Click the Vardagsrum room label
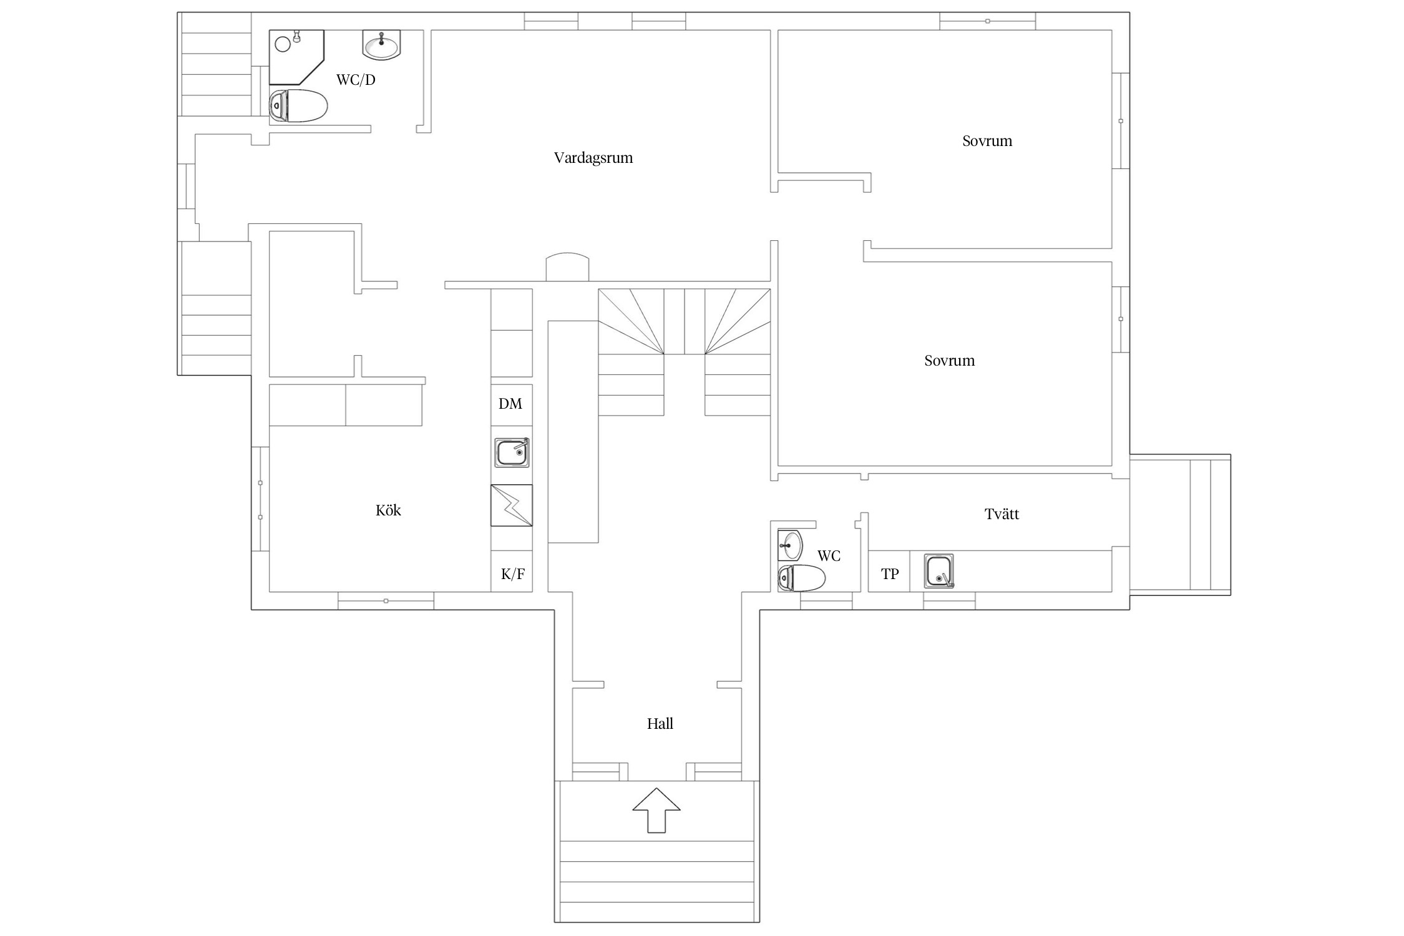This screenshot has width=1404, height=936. [x=593, y=158]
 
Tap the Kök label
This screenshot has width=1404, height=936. [x=388, y=510]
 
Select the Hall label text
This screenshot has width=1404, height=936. [x=660, y=724]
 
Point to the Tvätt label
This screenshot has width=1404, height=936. [x=1002, y=514]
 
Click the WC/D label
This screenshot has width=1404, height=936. [x=356, y=80]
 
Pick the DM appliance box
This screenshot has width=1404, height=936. [x=511, y=404]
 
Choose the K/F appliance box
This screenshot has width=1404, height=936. [x=512, y=571]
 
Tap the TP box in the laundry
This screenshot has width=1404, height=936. [x=889, y=571]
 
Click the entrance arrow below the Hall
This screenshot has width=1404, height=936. [x=656, y=810]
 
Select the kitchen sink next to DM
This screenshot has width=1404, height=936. [x=512, y=452]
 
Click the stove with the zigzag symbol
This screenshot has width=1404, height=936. [x=512, y=505]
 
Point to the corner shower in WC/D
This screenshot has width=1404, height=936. [x=297, y=57]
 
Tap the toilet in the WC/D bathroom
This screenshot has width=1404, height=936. [x=298, y=105]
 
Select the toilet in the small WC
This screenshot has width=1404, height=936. [x=801, y=578]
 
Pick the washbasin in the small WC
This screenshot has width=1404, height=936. [x=790, y=545]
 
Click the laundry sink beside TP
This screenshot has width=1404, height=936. [x=939, y=571]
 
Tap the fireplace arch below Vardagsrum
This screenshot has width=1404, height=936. [x=567, y=266]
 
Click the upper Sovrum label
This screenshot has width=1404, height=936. [x=987, y=141]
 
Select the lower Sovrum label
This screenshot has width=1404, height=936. [x=949, y=361]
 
